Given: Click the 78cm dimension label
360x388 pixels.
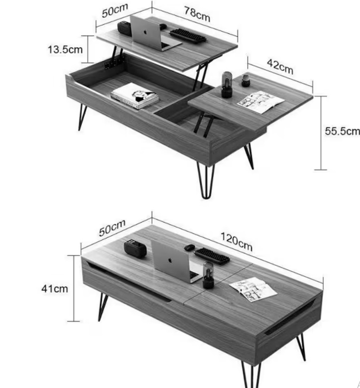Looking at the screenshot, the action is coord(197,14).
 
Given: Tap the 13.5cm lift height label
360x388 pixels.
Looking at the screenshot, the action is coord(65,50).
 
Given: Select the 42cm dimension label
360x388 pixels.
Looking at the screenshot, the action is coord(280,67).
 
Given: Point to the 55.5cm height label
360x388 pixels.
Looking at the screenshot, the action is coord(343,131).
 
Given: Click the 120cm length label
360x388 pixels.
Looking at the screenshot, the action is coord(237,242).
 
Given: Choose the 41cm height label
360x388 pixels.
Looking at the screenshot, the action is coord(55,289).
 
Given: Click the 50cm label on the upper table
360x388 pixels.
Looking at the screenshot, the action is coord(115,10).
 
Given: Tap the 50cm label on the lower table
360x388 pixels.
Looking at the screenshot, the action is coord(112,228).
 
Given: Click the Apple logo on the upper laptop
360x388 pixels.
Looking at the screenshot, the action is coord(145,32).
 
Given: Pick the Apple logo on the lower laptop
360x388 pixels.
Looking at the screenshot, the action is coord(170,260).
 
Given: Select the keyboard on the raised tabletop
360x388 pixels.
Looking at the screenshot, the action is coord(188,36).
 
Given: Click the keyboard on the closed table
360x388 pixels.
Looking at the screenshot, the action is coord(212,256).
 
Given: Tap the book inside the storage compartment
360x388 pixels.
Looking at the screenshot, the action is coord(135,95).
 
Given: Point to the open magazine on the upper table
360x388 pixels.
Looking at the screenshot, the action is coord(261,102).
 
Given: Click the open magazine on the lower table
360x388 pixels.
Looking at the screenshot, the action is coord(253,289).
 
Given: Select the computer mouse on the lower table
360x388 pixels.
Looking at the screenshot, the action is coord(189,247).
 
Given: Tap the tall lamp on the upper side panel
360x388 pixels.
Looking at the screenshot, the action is coord(227,84).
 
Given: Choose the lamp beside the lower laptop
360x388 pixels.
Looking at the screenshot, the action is coord(208,275).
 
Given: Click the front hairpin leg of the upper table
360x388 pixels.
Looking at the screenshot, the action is coord(205,181).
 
